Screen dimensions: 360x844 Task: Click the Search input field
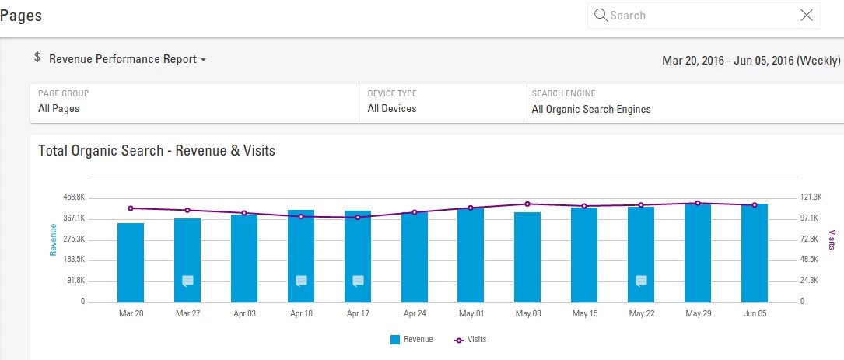tap(700, 16)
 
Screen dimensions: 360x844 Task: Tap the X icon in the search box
tap(807, 16)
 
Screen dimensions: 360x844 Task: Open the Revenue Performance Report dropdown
tap(128, 60)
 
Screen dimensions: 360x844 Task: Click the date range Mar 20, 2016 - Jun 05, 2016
tap(751, 60)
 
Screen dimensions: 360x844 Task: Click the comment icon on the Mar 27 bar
tap(187, 281)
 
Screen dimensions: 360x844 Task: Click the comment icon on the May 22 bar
tap(641, 281)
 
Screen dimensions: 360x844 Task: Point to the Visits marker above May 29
tap(698, 203)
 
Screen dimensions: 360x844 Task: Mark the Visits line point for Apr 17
tap(358, 217)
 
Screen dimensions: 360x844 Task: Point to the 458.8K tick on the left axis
tap(75, 197)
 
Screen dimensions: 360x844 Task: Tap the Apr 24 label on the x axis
tap(414, 314)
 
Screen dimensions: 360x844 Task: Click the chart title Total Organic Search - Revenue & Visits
tap(156, 151)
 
